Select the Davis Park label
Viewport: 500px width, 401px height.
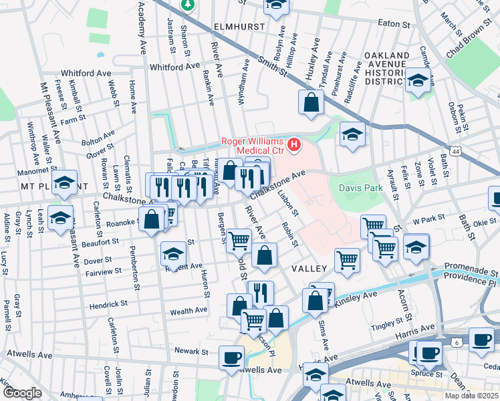[365, 188]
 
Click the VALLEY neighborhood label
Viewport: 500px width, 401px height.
[309, 268]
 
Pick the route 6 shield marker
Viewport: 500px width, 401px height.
[456, 342]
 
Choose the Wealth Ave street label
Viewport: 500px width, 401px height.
[189, 311]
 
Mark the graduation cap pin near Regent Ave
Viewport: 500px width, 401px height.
[173, 254]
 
